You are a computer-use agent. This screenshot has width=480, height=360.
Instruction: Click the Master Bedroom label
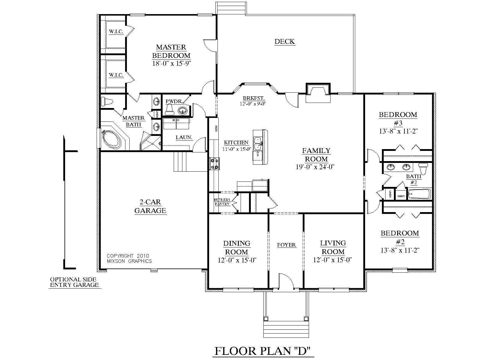point(171,51)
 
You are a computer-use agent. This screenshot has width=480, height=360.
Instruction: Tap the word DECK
point(284,41)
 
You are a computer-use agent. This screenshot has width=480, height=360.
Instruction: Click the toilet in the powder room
point(170,110)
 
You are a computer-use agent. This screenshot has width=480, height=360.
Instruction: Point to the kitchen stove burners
point(214,164)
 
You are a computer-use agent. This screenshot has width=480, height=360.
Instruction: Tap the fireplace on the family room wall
point(318,91)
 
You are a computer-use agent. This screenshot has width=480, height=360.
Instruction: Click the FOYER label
point(286,245)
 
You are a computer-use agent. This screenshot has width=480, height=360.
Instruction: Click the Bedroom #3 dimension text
point(398,131)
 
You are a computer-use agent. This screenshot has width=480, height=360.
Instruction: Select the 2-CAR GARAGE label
point(150,206)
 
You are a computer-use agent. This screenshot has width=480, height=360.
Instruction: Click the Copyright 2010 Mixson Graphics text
point(129,259)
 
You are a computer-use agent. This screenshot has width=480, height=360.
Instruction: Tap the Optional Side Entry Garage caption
point(74,282)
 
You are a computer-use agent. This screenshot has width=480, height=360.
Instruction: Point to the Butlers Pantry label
point(222,202)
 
